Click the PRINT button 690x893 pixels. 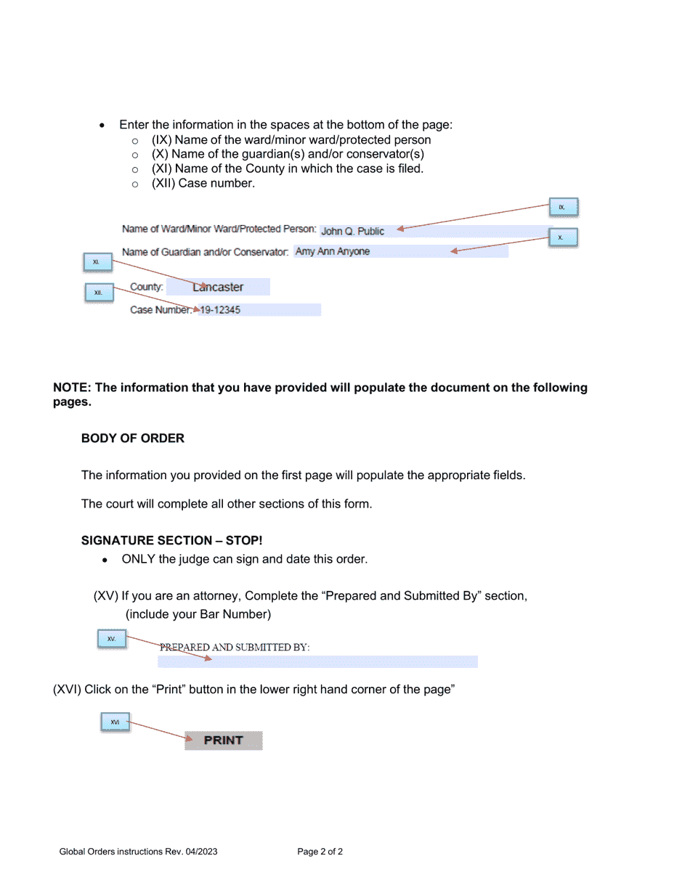[x=223, y=741]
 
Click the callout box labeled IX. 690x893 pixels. [x=563, y=208]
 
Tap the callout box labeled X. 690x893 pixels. [x=563, y=238]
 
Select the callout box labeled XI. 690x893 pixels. [x=97, y=262]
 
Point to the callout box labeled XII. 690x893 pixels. [x=99, y=293]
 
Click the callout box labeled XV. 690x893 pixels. [x=112, y=639]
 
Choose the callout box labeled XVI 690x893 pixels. [x=115, y=722]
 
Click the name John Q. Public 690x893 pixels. [x=353, y=232]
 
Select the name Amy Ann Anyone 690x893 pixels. [x=333, y=252]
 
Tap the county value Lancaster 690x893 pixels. [x=219, y=288]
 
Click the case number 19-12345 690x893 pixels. [x=220, y=310]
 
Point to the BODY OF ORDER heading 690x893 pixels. [x=133, y=439]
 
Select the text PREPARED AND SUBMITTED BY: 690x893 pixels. [x=235, y=647]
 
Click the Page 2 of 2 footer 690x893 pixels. [x=320, y=852]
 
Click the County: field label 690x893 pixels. [x=147, y=288]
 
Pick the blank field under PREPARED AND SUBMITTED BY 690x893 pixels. [x=317, y=661]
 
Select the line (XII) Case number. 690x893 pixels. [x=203, y=184]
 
